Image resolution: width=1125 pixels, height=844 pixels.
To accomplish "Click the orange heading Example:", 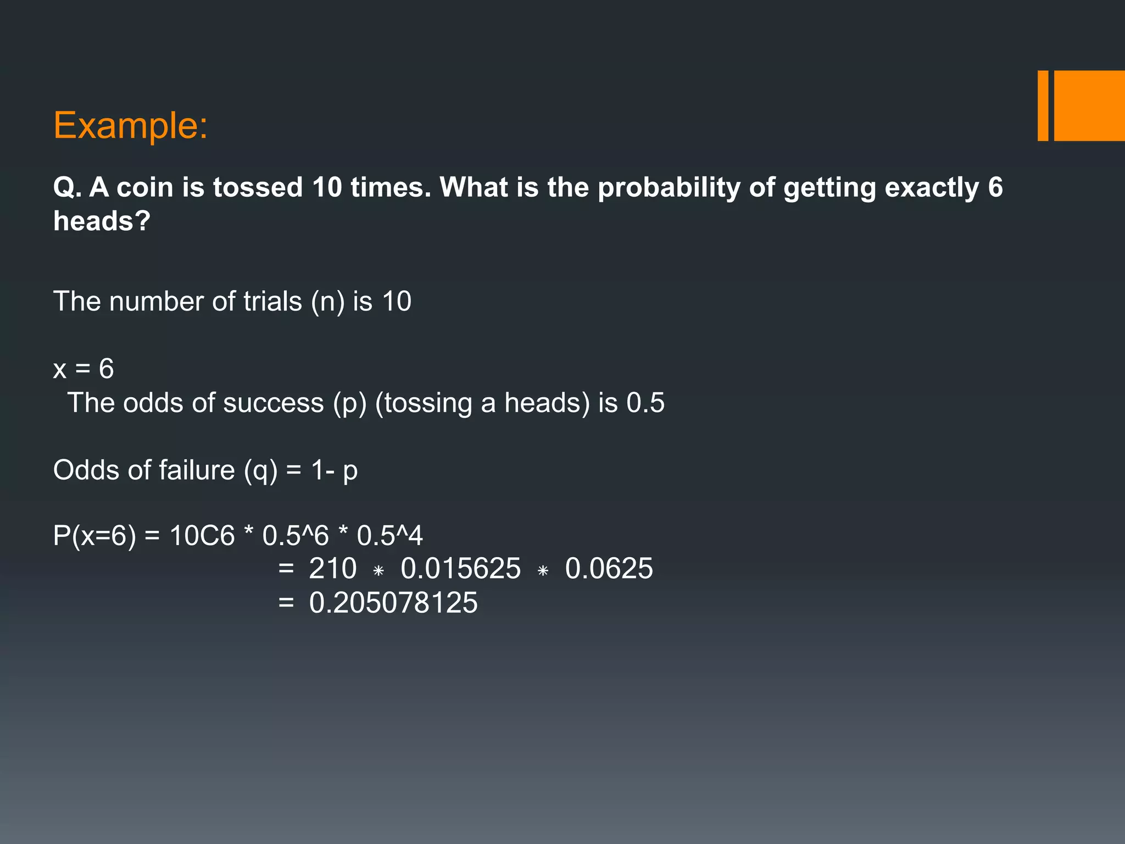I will pos(130,126).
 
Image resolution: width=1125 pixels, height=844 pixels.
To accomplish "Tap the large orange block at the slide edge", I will pos(1089,105).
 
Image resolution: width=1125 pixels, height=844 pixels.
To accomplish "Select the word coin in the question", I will pos(145,187).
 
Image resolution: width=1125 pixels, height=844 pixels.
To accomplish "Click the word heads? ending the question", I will pos(102,221).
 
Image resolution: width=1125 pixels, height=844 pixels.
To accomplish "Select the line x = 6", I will pos(83,369).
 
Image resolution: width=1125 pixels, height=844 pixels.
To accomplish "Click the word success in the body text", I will pos(273,403).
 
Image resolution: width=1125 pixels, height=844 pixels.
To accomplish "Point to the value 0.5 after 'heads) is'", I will pos(645,403).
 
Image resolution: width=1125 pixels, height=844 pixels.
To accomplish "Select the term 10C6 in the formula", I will pos(202,536).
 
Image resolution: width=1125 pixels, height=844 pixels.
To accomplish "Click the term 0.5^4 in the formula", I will pos(389,536).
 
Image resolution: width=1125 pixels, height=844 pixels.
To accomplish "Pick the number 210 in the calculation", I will pos(332,569).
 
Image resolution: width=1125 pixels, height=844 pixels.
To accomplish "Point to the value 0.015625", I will pos(460,569).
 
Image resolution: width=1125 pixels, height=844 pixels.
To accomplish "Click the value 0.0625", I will pos(609,569).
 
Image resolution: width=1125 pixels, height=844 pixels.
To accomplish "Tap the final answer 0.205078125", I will pos(393,603).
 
